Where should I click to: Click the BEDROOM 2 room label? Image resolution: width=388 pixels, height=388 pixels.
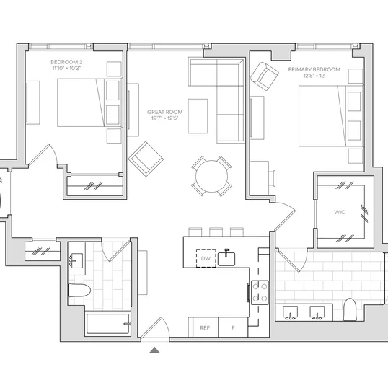click(x=66, y=62)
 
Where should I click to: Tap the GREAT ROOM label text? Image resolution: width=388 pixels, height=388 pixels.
click(x=165, y=112)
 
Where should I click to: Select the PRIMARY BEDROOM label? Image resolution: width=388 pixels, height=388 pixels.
click(x=314, y=69)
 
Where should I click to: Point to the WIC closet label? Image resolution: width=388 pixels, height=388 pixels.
click(x=340, y=212)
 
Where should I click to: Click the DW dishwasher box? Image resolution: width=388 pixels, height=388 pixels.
click(x=206, y=258)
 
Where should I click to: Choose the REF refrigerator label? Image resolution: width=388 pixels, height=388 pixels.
click(x=205, y=328)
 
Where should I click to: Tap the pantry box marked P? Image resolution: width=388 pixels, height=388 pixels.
click(x=233, y=327)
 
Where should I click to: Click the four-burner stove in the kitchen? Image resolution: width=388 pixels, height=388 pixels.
click(x=260, y=293)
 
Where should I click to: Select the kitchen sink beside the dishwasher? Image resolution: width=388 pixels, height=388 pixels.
click(x=226, y=258)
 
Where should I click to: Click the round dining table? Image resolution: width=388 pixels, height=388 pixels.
click(x=211, y=176)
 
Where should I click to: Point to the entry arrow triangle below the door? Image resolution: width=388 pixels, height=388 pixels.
click(x=154, y=350)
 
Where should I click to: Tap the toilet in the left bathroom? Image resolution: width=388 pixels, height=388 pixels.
click(x=79, y=290)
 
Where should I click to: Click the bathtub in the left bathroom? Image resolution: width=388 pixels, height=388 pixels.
click(x=108, y=324)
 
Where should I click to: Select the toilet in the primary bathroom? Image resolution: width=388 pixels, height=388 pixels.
click(x=350, y=309)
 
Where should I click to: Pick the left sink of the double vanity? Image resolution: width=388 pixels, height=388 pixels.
click(x=290, y=312)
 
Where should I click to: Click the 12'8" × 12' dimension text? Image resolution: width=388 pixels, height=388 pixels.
click(x=314, y=76)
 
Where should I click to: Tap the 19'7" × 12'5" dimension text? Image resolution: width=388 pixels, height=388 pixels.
click(x=165, y=118)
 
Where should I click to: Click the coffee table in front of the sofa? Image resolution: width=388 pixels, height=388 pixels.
click(x=198, y=116)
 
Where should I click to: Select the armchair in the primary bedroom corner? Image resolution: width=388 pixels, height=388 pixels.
click(x=265, y=76)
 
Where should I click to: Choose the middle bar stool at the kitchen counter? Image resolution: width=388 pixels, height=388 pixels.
click(x=216, y=232)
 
